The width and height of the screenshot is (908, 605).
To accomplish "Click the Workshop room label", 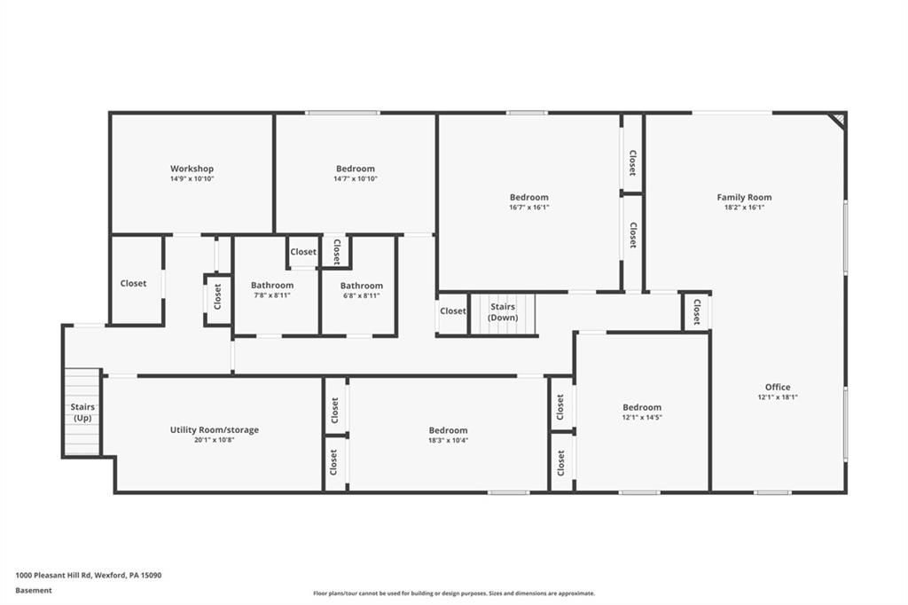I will pyautogui.click(x=192, y=169).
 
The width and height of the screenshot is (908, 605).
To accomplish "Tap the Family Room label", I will pyautogui.click(x=744, y=197).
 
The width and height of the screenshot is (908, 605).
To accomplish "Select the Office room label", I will pyautogui.click(x=778, y=387).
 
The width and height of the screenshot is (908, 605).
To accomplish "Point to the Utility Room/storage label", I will pyautogui.click(x=215, y=429).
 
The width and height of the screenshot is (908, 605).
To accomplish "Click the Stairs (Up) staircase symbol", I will pyautogui.click(x=82, y=412).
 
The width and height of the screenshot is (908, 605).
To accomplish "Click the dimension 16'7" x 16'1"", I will pyautogui.click(x=528, y=208).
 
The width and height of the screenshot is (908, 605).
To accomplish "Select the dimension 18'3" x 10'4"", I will pyautogui.click(x=448, y=440).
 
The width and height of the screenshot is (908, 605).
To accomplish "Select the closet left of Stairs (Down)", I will pyautogui.click(x=452, y=311).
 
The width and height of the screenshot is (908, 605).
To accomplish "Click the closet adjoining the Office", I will pyautogui.click(x=696, y=311).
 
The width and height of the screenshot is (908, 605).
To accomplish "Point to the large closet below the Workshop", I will pyautogui.click(x=134, y=283).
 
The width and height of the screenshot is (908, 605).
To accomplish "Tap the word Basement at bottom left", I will pyautogui.click(x=34, y=590).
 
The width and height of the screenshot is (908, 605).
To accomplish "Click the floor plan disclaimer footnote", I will pyautogui.click(x=453, y=593).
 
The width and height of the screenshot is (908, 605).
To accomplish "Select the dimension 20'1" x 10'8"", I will pyautogui.click(x=215, y=440).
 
